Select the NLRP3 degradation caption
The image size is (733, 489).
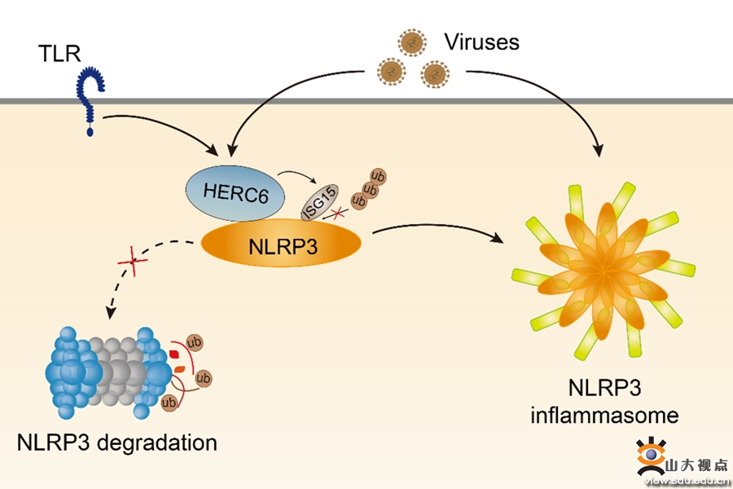pos(117,443)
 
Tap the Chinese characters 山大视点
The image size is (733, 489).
pos(697,466)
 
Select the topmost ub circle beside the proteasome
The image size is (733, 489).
pos(195,342)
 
